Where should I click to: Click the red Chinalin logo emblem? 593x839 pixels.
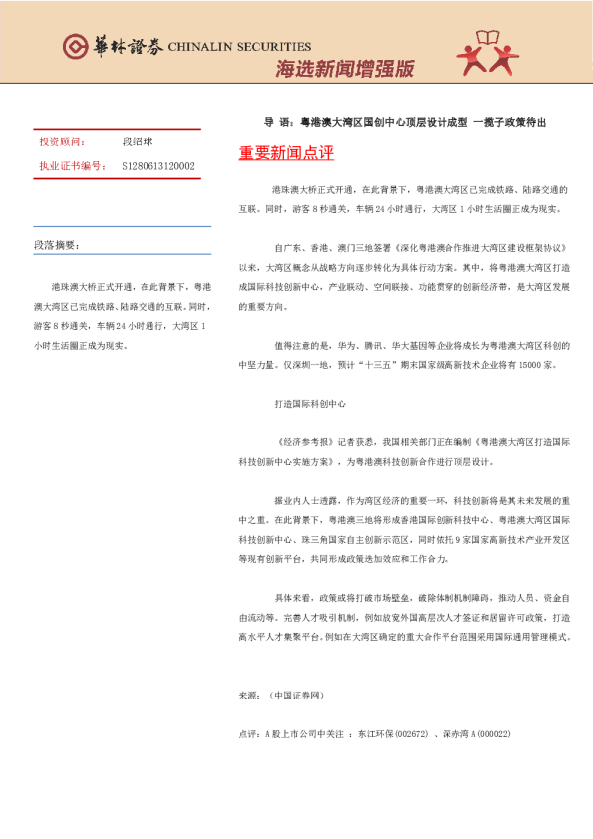pos(75,46)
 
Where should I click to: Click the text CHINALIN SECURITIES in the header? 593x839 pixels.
pos(239,46)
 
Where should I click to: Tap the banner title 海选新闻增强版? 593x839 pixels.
pos(343,69)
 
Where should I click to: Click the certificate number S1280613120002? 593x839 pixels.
pos(158,166)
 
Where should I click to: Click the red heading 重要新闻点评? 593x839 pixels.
pos(286,153)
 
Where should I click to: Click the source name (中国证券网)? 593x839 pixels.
pos(296,694)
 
